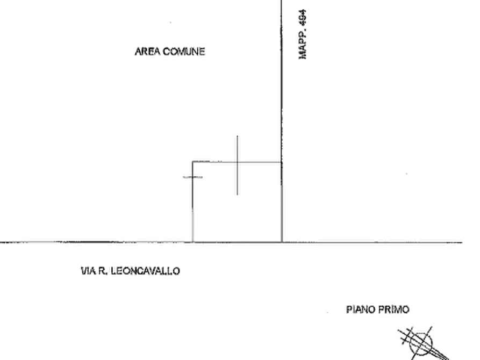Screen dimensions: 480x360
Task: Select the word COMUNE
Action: [184, 52]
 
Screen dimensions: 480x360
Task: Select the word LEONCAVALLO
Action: [146, 271]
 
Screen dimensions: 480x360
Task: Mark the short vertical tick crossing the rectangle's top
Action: [237, 165]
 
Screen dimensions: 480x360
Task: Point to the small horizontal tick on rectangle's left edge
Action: [192, 177]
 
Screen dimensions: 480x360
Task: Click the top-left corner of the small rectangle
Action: [192, 162]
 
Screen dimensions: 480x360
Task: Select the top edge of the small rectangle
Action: [237, 162]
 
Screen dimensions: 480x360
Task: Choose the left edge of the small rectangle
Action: [192, 201]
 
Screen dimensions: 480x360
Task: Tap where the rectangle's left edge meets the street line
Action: [192, 242]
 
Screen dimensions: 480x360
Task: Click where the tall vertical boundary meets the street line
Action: [282, 242]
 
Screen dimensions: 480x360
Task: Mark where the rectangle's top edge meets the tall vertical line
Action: [282, 162]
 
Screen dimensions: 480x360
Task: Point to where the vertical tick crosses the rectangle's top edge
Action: [237, 162]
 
